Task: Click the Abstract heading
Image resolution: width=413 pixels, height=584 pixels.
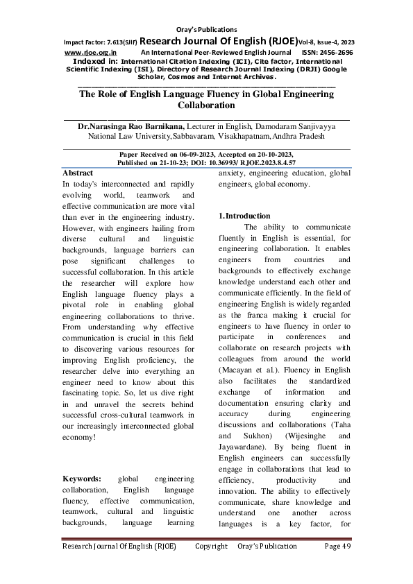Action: coord(78,172)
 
